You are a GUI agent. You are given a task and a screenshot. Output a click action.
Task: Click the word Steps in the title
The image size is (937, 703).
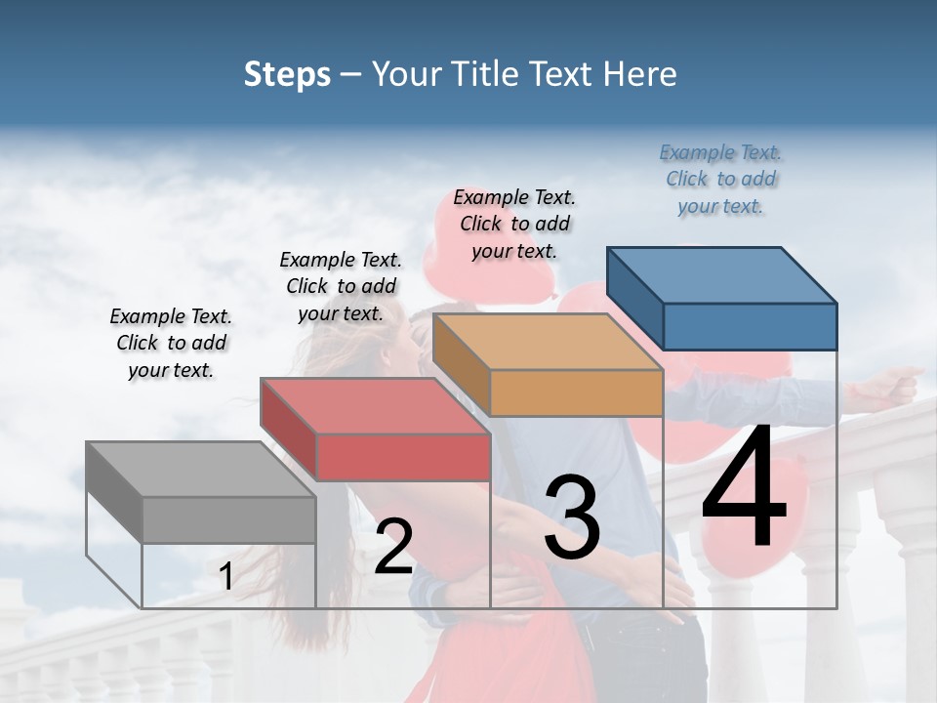click(287, 74)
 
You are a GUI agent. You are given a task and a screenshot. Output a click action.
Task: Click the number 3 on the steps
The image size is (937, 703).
click(571, 517)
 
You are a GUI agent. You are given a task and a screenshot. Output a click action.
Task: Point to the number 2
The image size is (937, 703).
click(393, 547)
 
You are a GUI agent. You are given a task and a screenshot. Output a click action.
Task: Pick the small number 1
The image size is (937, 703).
click(226, 576)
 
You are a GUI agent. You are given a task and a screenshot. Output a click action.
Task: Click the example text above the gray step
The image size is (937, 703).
click(171, 343)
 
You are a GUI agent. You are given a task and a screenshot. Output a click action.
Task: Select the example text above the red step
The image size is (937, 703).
click(341, 286)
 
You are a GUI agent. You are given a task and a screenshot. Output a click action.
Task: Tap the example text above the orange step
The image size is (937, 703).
click(514, 224)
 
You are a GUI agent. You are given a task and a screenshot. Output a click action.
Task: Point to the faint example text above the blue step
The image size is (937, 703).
click(720, 179)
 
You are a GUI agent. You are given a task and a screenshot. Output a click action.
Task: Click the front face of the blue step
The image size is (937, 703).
click(750, 326)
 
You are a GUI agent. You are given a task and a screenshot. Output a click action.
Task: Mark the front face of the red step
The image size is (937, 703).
click(403, 457)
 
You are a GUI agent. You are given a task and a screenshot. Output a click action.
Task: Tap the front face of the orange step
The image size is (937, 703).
click(576, 393)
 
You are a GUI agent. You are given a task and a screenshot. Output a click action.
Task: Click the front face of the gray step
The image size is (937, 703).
click(228, 519)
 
